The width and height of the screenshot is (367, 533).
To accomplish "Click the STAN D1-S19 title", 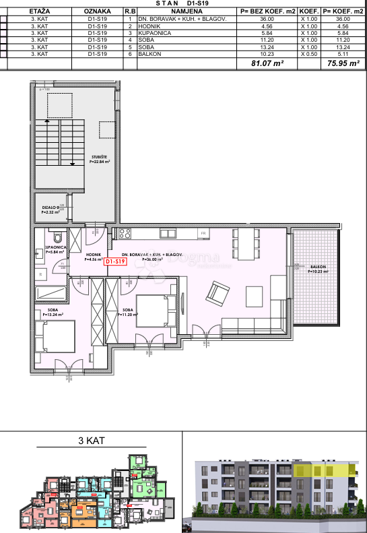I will tap(183, 3).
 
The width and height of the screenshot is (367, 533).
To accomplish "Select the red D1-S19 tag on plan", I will tap(116, 261).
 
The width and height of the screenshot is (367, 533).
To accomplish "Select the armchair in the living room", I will tap(218, 293).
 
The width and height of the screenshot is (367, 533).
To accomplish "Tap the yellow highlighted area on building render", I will tap(325, 470).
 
